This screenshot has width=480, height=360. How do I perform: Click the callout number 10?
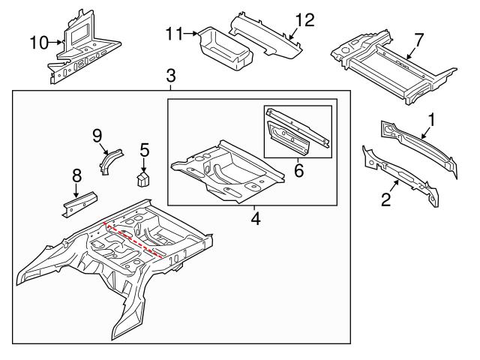(38, 42)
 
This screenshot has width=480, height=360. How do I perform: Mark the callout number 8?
(76, 177)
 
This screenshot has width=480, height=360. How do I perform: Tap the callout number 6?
(298, 171)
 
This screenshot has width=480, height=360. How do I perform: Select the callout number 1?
(430, 118)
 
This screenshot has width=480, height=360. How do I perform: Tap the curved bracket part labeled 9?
(109, 160)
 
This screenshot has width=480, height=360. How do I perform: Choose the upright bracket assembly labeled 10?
(81, 45)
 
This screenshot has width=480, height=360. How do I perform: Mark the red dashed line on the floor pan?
(135, 239)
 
